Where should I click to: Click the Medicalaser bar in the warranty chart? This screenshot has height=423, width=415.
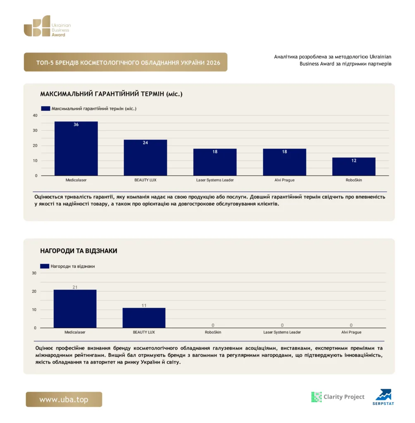[76, 148]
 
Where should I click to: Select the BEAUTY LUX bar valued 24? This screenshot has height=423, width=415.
[145, 157]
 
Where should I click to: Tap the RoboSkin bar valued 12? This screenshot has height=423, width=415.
[354, 166]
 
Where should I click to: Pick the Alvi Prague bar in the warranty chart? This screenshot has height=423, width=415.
[284, 162]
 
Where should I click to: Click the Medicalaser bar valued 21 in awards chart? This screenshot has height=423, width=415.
[75, 309]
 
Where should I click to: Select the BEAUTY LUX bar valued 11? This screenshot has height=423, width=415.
[144, 318]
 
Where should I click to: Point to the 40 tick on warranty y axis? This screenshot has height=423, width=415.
[35, 116]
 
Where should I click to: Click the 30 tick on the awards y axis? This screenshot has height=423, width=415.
[34, 273]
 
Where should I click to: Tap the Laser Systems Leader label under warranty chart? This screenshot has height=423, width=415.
[215, 180]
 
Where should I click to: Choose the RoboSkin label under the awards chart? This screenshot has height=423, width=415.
[213, 332]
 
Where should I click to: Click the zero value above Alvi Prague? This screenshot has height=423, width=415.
[351, 325]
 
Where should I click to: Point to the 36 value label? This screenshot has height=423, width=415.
[76, 124]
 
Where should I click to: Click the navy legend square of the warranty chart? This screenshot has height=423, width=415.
[45, 109]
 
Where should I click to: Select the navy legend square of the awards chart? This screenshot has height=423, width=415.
[45, 266]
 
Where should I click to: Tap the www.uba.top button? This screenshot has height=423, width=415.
[64, 399]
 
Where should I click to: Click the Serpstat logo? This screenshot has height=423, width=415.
[384, 397]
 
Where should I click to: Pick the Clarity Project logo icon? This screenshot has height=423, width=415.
[317, 397]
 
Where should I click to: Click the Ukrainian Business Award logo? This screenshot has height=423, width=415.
[47, 26]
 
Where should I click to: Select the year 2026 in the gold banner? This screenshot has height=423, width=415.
[213, 63]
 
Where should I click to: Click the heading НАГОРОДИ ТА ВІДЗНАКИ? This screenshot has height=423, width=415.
[79, 251]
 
